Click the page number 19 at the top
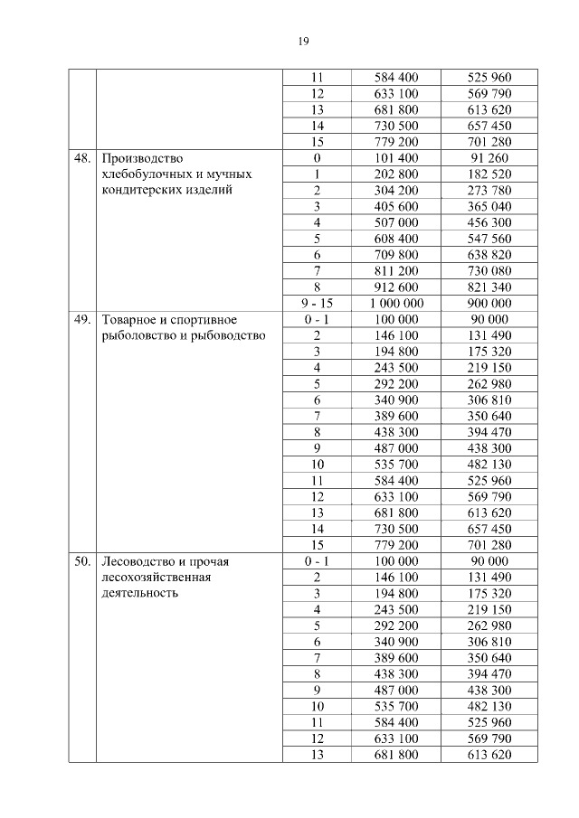[304, 41]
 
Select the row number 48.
[82, 157]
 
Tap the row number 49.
[82, 319]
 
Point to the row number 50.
[82, 561]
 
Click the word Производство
[143, 157]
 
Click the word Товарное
[132, 319]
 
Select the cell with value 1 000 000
[396, 303]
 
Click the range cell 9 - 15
[318, 303]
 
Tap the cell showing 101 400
[396, 157]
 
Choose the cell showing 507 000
[396, 222]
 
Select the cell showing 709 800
[396, 254]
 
